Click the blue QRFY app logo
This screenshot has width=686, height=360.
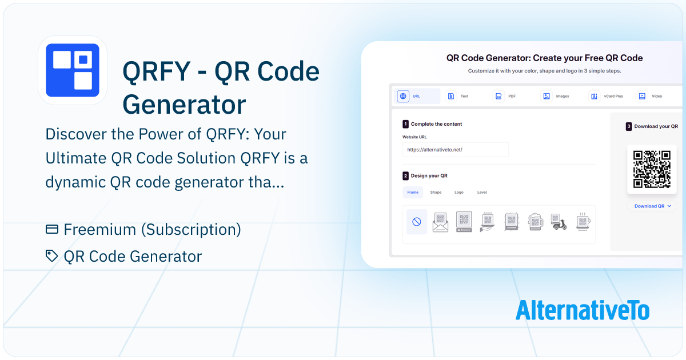(x=73, y=70)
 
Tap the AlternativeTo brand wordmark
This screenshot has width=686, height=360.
(x=583, y=310)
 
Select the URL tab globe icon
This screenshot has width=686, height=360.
(x=403, y=96)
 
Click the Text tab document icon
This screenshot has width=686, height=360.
(x=451, y=96)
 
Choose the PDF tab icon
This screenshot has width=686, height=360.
(x=498, y=96)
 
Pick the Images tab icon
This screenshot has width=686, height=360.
(x=547, y=96)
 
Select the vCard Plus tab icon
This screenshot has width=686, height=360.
(x=594, y=96)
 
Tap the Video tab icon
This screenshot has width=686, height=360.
(x=642, y=96)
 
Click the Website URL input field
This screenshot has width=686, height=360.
(x=456, y=150)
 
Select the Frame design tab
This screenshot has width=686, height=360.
(x=413, y=192)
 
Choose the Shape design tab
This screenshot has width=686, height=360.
(x=436, y=192)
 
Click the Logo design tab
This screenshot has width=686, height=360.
(x=458, y=192)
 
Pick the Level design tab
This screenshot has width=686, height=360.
(x=482, y=192)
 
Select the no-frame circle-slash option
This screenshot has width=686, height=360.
(x=417, y=222)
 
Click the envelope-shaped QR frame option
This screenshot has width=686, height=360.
(x=440, y=222)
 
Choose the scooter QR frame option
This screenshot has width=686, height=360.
(x=559, y=222)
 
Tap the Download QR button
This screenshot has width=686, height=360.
(x=652, y=206)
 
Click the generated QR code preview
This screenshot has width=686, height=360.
(x=652, y=169)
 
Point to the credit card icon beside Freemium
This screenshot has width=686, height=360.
(x=52, y=229)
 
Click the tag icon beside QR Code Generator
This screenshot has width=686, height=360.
(x=51, y=256)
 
